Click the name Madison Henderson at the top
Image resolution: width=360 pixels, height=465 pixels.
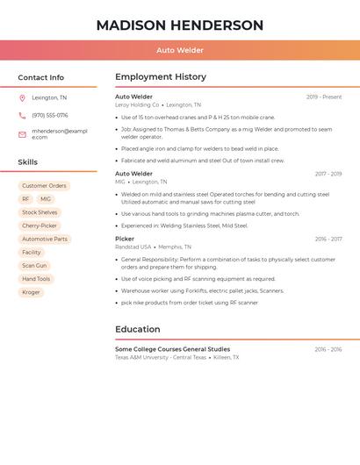tap(179, 25)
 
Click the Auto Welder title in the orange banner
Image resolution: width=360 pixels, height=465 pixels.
tap(179, 50)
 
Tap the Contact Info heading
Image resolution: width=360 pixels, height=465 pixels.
tap(40, 77)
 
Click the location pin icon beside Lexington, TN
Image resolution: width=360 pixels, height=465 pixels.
tap(22, 97)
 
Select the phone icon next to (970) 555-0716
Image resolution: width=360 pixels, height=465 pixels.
tap(22, 115)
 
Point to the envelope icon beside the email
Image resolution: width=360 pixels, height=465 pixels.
tap(22, 134)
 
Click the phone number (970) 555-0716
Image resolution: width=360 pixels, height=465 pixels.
tap(50, 115)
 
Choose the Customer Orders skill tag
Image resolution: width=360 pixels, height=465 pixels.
tap(44, 186)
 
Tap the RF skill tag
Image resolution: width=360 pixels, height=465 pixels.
tap(25, 199)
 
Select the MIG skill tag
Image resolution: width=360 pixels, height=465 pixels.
tap(46, 199)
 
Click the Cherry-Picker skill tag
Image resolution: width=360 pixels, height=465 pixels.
tap(40, 225)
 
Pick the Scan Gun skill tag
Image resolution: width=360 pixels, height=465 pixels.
tap(34, 265)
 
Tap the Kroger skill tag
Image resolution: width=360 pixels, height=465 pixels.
tap(31, 292)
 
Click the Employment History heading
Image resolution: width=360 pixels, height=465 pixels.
tap(161, 77)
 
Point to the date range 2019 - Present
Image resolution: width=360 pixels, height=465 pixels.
tap(324, 97)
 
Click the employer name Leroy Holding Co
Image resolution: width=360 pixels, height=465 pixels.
tap(137, 104)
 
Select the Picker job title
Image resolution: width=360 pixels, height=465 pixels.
tap(125, 239)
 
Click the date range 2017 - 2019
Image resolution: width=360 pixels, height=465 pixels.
tap(328, 174)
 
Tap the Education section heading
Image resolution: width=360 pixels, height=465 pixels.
tap(138, 329)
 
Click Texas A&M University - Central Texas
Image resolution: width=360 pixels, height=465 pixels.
tap(161, 357)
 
